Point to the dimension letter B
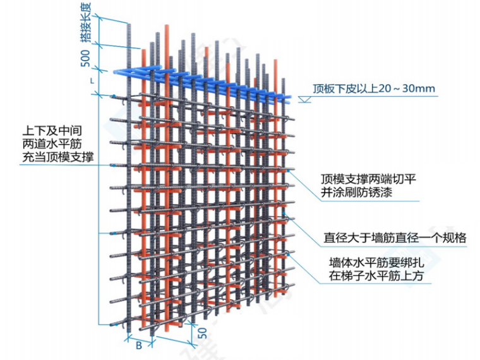138,345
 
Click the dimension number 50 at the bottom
201,333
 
